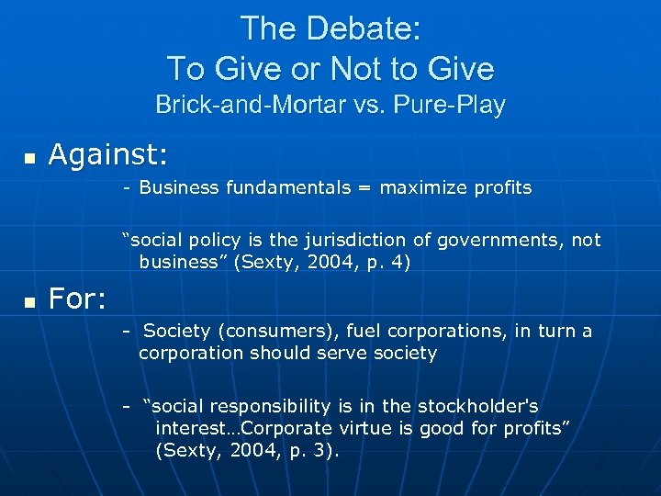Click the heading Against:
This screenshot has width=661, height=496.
click(108, 156)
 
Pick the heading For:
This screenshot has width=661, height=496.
click(78, 299)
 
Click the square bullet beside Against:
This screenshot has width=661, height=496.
click(29, 160)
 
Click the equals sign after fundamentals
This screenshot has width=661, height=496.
click(365, 188)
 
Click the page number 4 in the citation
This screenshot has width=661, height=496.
click(402, 262)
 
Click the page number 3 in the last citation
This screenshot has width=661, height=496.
click(327, 450)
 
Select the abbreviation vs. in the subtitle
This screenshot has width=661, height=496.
click(370, 105)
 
